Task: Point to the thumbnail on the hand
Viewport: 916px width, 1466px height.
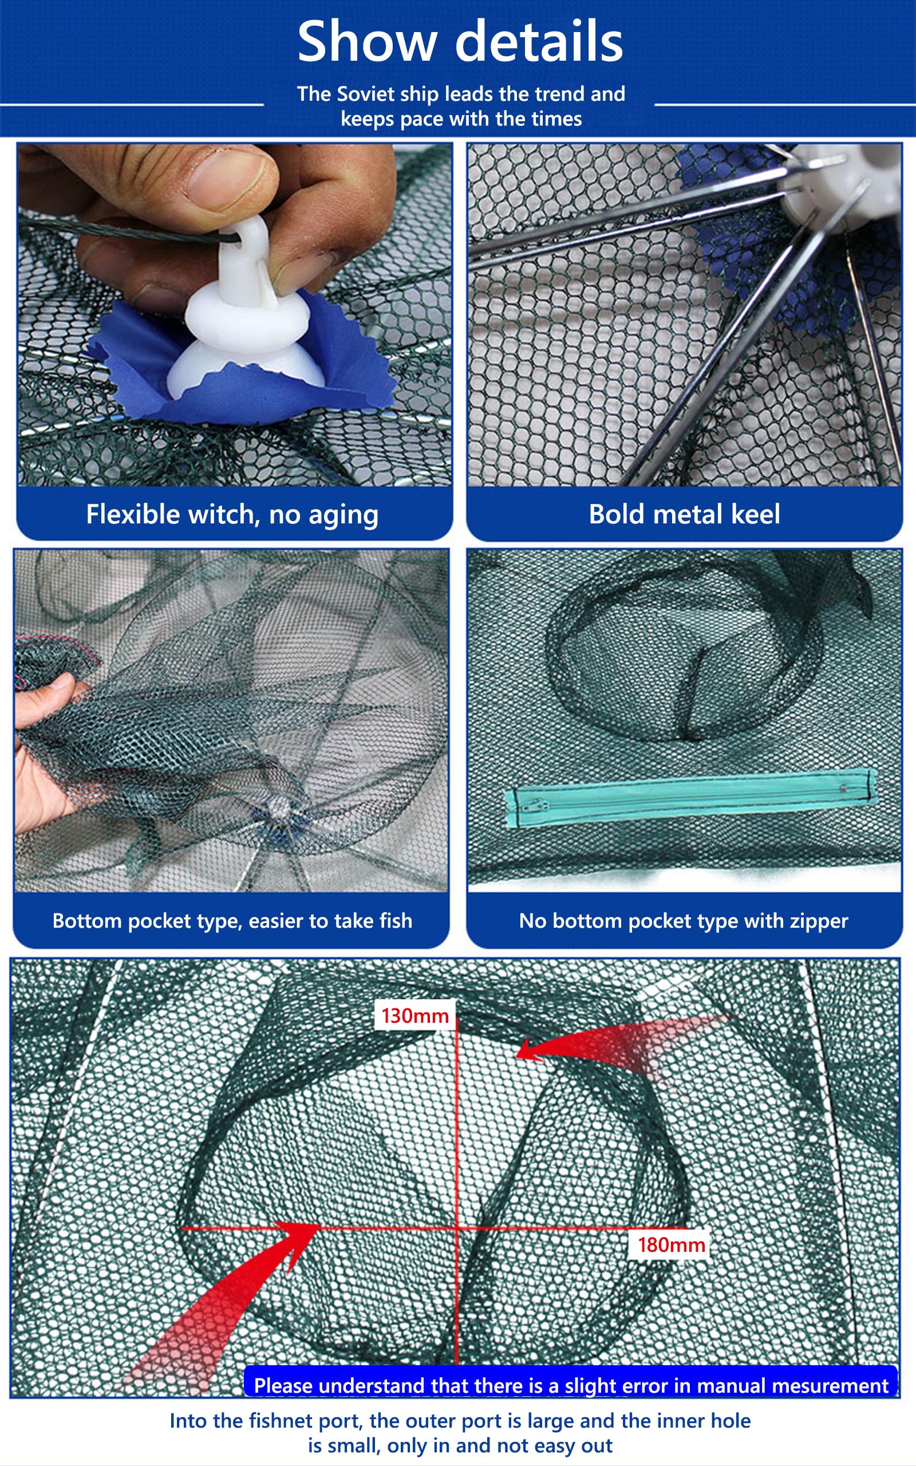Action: (227, 179)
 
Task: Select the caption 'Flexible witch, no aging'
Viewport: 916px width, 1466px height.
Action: (232, 515)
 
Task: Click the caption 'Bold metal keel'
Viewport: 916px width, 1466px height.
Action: (685, 514)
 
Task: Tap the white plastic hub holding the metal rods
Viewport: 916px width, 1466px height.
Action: (845, 182)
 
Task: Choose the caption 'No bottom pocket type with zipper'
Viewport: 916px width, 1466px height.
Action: (684, 921)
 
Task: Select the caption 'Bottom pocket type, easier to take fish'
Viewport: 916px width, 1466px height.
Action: (232, 921)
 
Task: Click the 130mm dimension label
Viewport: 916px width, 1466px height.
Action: (415, 1015)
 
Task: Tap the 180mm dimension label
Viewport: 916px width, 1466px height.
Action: (671, 1244)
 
